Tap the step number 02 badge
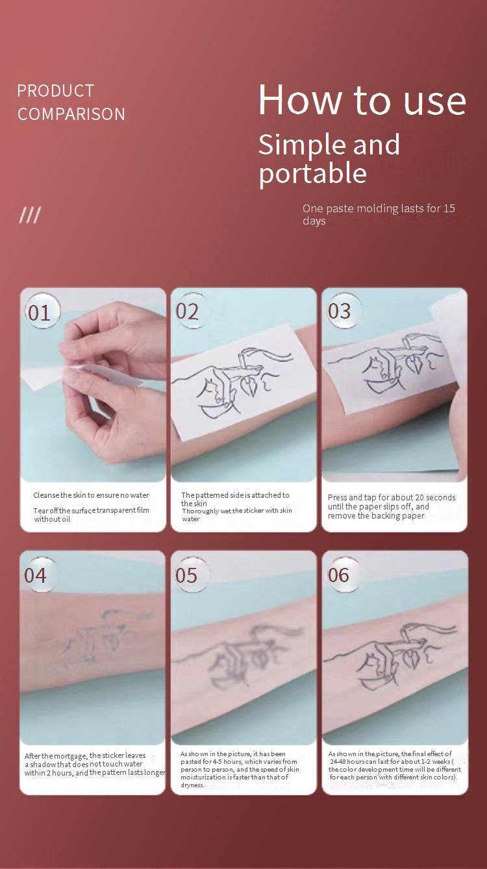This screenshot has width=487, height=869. pos(189,311)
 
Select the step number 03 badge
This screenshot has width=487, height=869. pos(341,311)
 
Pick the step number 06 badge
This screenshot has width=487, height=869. pos(341,575)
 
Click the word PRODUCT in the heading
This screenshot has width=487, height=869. pos(55,91)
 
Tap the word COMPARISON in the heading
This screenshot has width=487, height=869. pos(71,114)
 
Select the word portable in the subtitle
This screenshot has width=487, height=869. pos(312,173)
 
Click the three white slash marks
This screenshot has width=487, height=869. pos(30,215)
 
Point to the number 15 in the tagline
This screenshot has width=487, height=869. pos(449,208)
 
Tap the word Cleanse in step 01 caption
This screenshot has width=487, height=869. pos(46,495)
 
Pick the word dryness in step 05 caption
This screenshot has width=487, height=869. pos(192,785)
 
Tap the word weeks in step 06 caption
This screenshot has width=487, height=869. pos(441,761)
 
